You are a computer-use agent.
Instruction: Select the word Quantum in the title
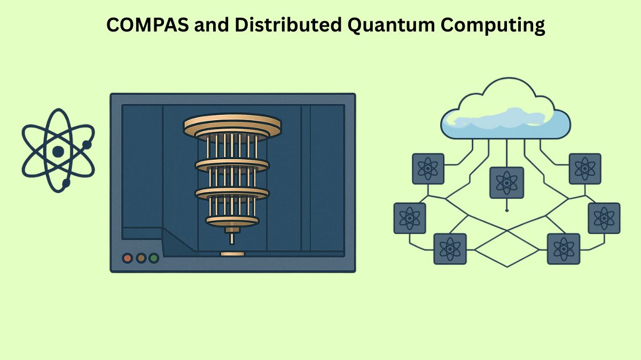[378, 25]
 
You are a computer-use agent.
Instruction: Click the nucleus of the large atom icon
[58, 151]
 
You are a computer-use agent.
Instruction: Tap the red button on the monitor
[128, 259]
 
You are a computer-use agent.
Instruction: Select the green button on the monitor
[154, 259]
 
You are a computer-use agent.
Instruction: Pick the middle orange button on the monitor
[141, 259]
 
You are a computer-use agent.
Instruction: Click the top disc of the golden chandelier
[232, 124]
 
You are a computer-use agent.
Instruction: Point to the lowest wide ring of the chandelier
[232, 219]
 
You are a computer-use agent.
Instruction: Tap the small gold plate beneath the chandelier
[232, 253]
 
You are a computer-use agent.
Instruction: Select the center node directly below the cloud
[506, 183]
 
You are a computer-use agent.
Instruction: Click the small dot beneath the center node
[506, 210]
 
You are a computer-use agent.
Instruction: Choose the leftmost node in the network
[410, 218]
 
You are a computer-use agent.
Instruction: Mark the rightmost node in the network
[604, 218]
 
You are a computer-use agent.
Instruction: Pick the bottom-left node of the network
[450, 249]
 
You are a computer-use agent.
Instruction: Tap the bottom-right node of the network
[564, 249]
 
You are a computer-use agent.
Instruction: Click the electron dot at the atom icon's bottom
[66, 183]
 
